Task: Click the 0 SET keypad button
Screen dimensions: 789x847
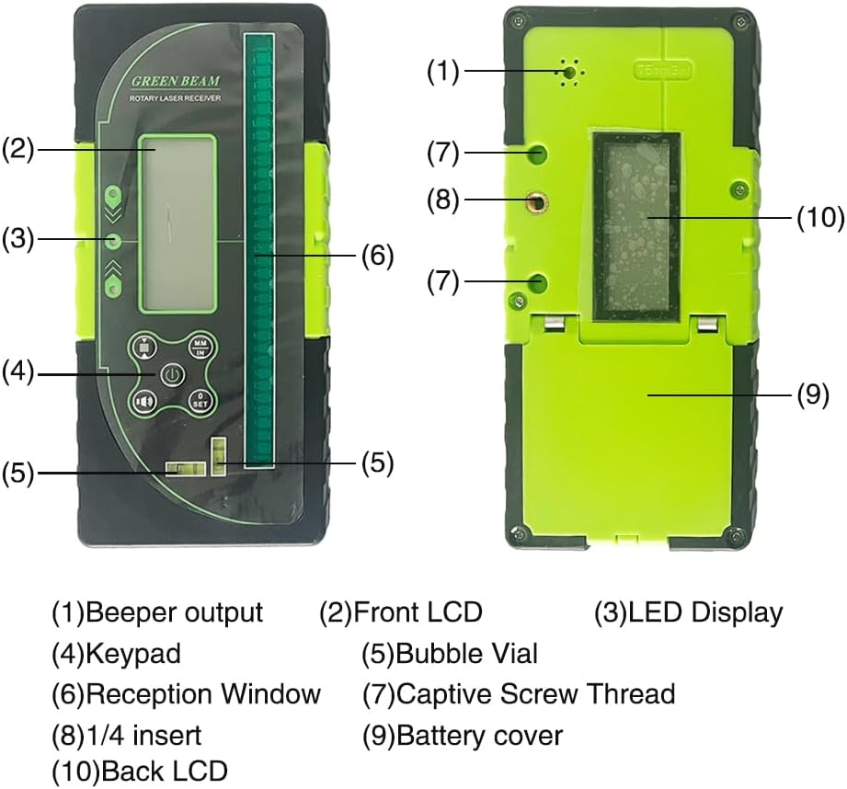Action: tap(200, 400)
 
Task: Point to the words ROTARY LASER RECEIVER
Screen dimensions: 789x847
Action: tap(175, 97)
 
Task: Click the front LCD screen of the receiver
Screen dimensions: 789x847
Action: tap(177, 223)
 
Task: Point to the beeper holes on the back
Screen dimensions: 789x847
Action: tap(571, 71)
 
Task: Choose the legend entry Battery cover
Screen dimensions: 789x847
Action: tap(463, 735)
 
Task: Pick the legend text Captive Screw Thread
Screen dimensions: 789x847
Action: tap(520, 694)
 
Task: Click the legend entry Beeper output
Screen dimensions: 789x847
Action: tap(157, 612)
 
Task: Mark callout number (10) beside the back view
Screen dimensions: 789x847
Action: tap(818, 217)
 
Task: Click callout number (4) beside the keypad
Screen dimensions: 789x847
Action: tap(17, 372)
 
